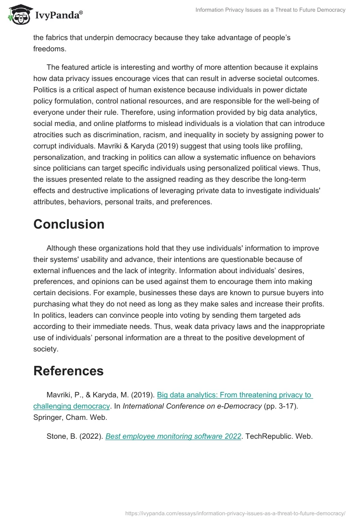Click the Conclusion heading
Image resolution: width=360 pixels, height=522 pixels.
click(69, 224)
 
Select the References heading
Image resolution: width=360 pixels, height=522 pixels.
click(68, 371)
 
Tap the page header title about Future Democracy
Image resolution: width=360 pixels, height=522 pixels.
click(270, 10)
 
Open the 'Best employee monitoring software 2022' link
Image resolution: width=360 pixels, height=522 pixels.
click(173, 436)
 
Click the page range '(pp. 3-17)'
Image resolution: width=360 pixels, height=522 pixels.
click(275, 406)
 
